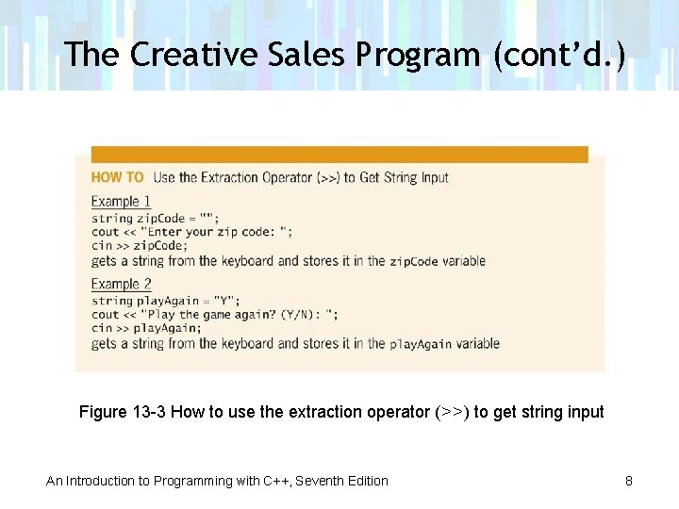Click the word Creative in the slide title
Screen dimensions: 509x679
click(193, 55)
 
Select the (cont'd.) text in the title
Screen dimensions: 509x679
click(557, 55)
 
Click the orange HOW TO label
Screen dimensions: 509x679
click(118, 177)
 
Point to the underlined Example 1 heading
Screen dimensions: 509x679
click(121, 201)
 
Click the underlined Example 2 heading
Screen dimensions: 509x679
click(121, 284)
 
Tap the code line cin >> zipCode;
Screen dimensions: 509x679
click(139, 245)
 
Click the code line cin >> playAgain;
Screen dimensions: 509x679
click(145, 328)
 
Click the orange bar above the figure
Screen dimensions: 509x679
click(339, 154)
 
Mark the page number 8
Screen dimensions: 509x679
click(628, 481)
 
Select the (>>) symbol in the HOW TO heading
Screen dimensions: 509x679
click(329, 177)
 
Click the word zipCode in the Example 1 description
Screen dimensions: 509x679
click(414, 261)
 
